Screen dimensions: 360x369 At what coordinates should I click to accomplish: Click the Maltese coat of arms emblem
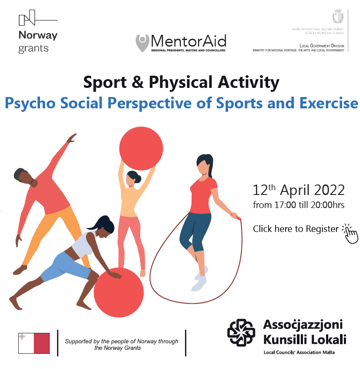(x=338, y=16)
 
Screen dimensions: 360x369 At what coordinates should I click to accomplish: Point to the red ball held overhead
(x=141, y=148)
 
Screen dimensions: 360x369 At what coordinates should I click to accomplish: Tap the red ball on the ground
(x=119, y=292)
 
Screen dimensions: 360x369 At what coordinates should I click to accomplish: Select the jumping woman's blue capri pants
(x=195, y=231)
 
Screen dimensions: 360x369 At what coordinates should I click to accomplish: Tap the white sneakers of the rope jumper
(x=200, y=279)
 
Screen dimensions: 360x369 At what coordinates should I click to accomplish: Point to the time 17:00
(x=285, y=205)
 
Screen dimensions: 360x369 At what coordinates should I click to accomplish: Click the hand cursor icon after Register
(x=350, y=234)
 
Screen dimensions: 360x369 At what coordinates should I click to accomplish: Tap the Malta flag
(x=34, y=343)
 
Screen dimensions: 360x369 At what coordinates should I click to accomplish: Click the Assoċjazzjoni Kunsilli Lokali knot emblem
(x=241, y=332)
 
